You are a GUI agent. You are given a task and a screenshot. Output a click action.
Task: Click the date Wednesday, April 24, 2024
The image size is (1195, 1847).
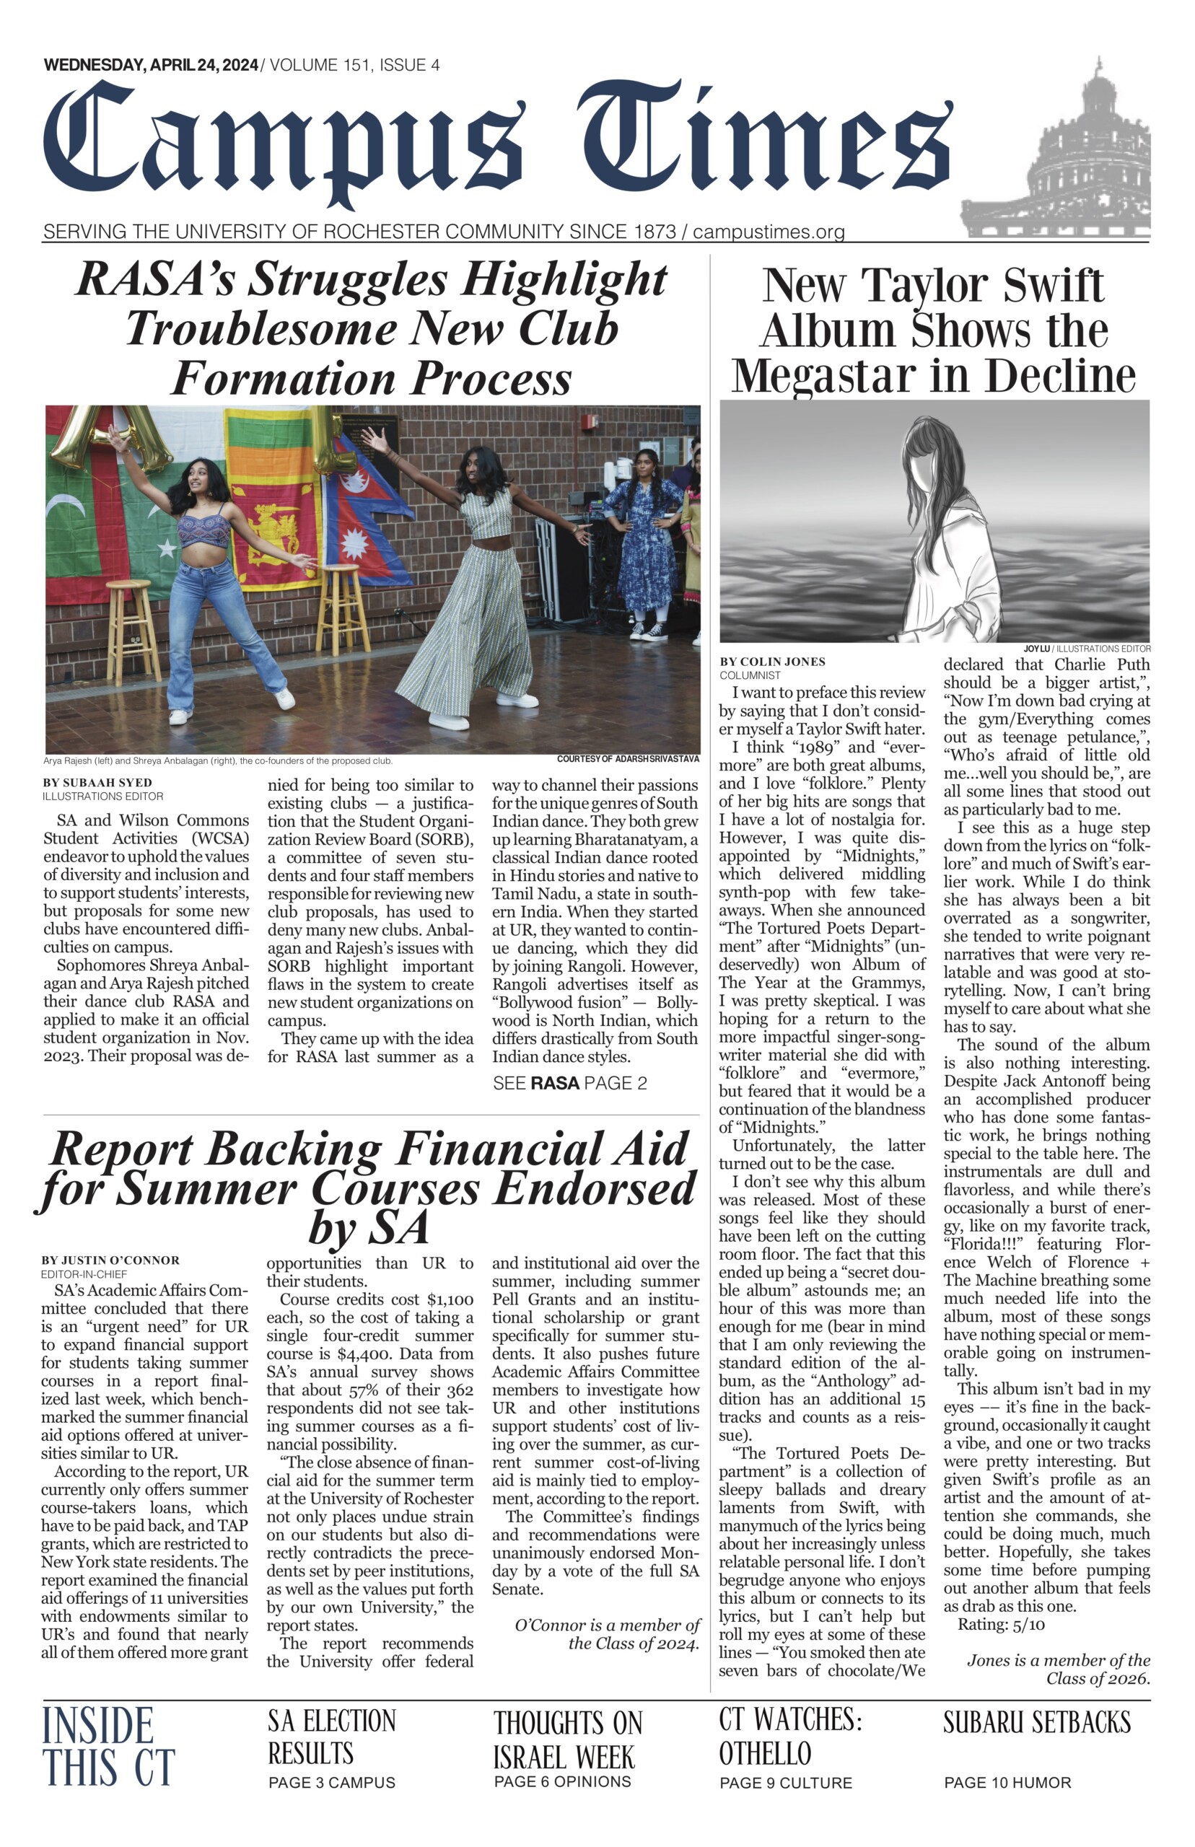[x=152, y=65]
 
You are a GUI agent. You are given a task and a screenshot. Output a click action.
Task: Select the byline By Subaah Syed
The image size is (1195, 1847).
[x=97, y=782]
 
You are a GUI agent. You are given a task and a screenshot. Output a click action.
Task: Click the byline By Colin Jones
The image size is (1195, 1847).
[x=772, y=662]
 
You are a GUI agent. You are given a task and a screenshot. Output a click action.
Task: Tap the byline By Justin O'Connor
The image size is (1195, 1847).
[x=110, y=1260]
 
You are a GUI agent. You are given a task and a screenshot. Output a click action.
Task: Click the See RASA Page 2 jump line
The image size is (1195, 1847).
[x=569, y=1083]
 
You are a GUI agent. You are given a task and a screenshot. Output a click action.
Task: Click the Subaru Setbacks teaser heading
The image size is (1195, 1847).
[x=1037, y=1722]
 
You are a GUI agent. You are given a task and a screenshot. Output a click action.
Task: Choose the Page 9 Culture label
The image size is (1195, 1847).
[x=785, y=1783]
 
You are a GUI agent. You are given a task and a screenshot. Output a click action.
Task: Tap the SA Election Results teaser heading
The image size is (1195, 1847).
[x=331, y=1737]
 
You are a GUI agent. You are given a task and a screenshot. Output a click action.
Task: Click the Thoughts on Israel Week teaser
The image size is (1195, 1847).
[x=568, y=1739]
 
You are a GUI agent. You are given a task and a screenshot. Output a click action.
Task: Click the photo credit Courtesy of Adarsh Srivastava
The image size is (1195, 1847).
[x=628, y=759]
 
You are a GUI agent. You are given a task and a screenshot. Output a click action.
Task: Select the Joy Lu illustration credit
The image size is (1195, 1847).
[x=1086, y=649]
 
